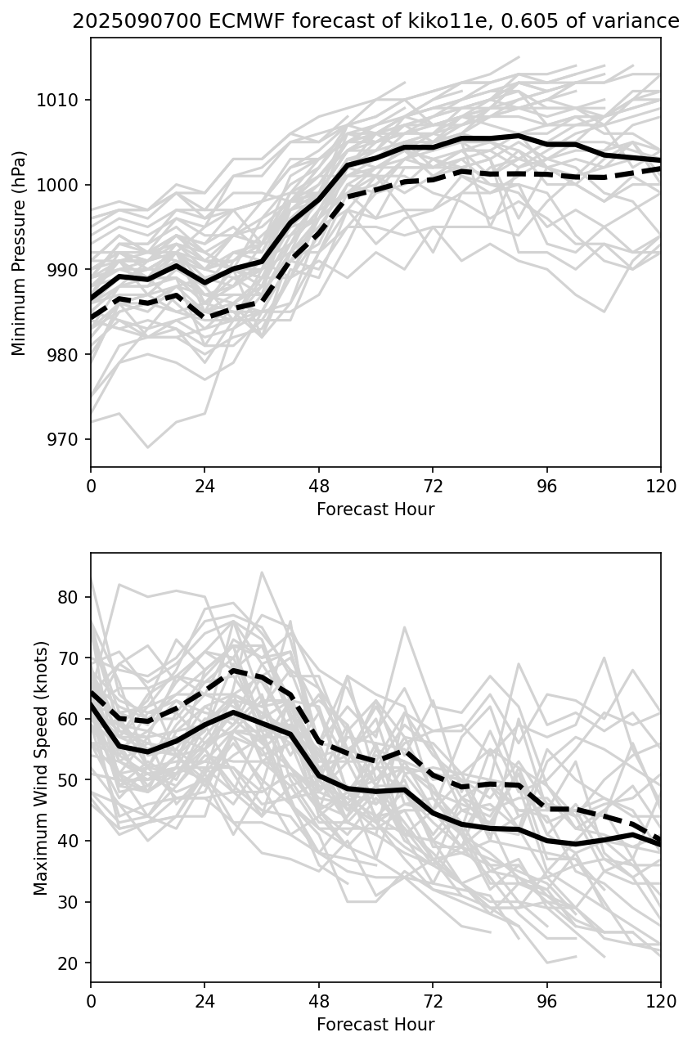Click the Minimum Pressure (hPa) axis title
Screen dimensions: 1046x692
[x=20, y=253]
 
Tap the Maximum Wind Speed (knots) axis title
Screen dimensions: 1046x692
[x=40, y=767]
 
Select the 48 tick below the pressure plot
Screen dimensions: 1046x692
[x=319, y=486]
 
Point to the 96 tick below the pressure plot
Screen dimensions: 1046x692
[x=547, y=486]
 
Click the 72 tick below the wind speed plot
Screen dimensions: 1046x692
[x=433, y=1001]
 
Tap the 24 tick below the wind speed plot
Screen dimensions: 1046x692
[x=204, y=1001]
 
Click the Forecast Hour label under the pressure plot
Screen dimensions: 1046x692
[x=375, y=510]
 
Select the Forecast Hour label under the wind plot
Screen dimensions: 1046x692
[x=375, y=1025]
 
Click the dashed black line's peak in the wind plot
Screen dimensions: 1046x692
[x=233, y=671]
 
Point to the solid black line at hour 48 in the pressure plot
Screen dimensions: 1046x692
[x=319, y=199]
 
